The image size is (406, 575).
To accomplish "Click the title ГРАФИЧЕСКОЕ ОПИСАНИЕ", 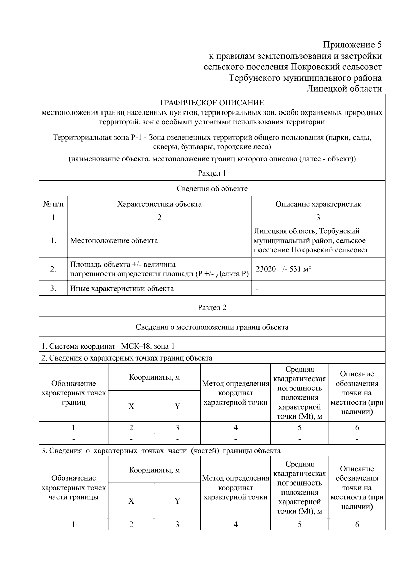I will click(212, 103).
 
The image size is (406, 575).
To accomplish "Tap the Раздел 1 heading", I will click(212, 173).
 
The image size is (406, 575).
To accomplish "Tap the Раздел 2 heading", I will click(212, 307).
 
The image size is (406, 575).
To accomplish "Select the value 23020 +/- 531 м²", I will click(283, 269).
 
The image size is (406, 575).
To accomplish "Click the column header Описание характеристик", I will click(318, 204).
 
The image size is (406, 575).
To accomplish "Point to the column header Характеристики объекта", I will click(159, 204).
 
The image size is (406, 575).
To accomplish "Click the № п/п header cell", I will click(53, 204).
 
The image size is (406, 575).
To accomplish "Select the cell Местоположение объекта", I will click(114, 241).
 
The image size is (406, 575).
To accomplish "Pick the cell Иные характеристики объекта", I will click(122, 288).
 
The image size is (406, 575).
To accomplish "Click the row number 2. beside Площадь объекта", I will click(53, 269).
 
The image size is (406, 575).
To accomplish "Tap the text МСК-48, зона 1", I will click(148, 346).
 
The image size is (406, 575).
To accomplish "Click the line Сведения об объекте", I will click(212, 189).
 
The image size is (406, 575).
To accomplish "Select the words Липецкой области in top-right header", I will click(344, 89).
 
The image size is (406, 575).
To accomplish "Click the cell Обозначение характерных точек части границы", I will click(73, 488).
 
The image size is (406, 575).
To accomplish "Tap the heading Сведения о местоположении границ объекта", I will click(212, 327).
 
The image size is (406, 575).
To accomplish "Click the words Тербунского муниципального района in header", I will click(305, 78).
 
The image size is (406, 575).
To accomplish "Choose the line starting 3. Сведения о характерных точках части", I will click(161, 451).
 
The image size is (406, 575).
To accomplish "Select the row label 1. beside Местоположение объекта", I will click(53, 241).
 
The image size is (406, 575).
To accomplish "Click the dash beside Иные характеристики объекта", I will click(257, 289).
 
